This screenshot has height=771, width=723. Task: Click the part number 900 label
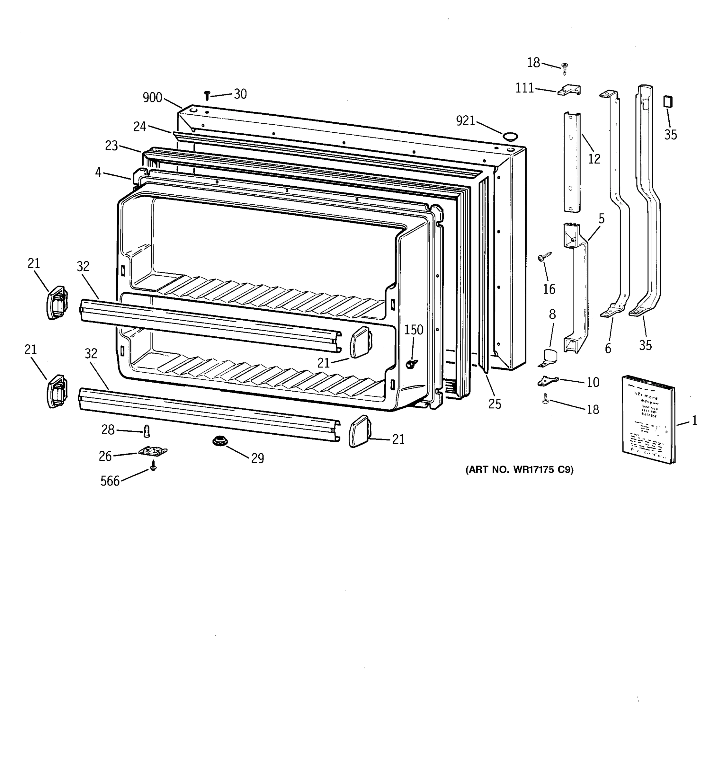pos(152,97)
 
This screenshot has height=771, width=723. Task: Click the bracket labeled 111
pos(569,90)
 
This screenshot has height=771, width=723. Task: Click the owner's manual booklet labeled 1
pos(648,419)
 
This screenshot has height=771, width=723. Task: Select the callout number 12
pos(594,159)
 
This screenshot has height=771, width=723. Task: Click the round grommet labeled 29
pos(220,441)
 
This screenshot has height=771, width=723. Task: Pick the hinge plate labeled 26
pos(153,451)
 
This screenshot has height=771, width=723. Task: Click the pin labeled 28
pos(147,431)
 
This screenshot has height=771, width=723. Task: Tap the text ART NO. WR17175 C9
pos(519,470)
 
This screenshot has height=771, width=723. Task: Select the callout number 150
pos(414,330)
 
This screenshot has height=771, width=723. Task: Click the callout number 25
pos(495,404)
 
